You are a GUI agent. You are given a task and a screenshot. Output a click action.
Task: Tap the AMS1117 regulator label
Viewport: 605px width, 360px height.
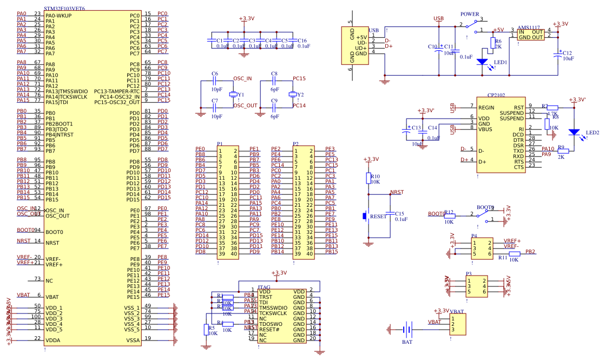[x=528, y=27]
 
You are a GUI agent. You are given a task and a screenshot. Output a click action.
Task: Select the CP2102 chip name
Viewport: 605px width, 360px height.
[x=496, y=95]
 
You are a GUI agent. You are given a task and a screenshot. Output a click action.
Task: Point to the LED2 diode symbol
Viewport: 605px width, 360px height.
[x=574, y=132]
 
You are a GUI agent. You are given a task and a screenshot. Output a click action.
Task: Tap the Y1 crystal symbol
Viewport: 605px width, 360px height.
[x=233, y=95]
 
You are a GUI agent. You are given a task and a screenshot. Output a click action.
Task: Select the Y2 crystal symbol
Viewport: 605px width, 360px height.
[x=293, y=95]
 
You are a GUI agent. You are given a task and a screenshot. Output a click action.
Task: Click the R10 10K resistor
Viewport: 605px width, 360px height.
[x=369, y=179]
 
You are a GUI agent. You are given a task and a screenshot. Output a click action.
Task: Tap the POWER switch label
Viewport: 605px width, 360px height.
[x=469, y=14]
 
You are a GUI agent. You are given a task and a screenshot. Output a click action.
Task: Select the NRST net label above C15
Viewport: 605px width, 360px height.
[x=397, y=192]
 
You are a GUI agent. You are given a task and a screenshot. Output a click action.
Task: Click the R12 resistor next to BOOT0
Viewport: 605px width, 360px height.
[x=449, y=215]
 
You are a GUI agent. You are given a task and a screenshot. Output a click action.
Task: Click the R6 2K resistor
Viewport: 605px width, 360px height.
[x=492, y=43]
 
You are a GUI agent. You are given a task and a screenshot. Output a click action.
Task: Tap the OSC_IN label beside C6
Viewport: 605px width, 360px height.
[x=242, y=78]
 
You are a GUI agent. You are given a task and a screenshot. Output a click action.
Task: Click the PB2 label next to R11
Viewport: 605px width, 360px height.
[x=530, y=252]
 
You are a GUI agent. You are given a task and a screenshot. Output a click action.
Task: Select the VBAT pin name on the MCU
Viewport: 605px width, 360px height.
[x=52, y=297]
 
